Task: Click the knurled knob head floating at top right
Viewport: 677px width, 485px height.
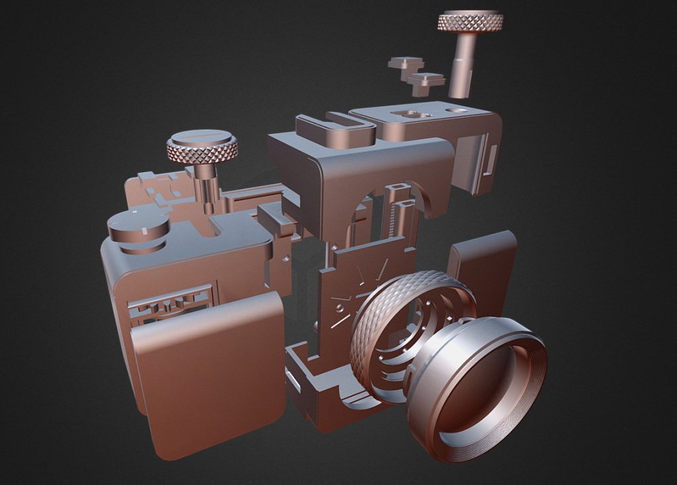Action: click(470, 22)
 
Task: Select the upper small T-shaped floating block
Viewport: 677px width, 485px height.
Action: click(405, 64)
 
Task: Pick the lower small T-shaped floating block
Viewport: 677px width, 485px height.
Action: click(426, 82)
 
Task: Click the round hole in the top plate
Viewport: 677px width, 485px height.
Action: click(456, 110)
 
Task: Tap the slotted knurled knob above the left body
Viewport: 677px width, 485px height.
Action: click(202, 147)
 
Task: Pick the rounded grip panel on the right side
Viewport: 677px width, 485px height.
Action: click(486, 264)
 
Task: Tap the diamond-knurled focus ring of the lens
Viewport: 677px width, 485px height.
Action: click(370, 330)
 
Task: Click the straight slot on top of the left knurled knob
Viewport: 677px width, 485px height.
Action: click(202, 136)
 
